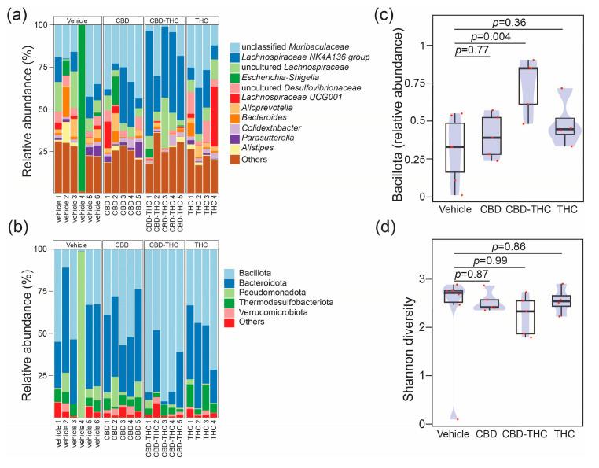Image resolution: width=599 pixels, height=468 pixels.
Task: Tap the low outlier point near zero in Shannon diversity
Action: pos(458,419)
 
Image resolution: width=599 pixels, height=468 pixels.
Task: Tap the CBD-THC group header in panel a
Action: pos(164,17)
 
